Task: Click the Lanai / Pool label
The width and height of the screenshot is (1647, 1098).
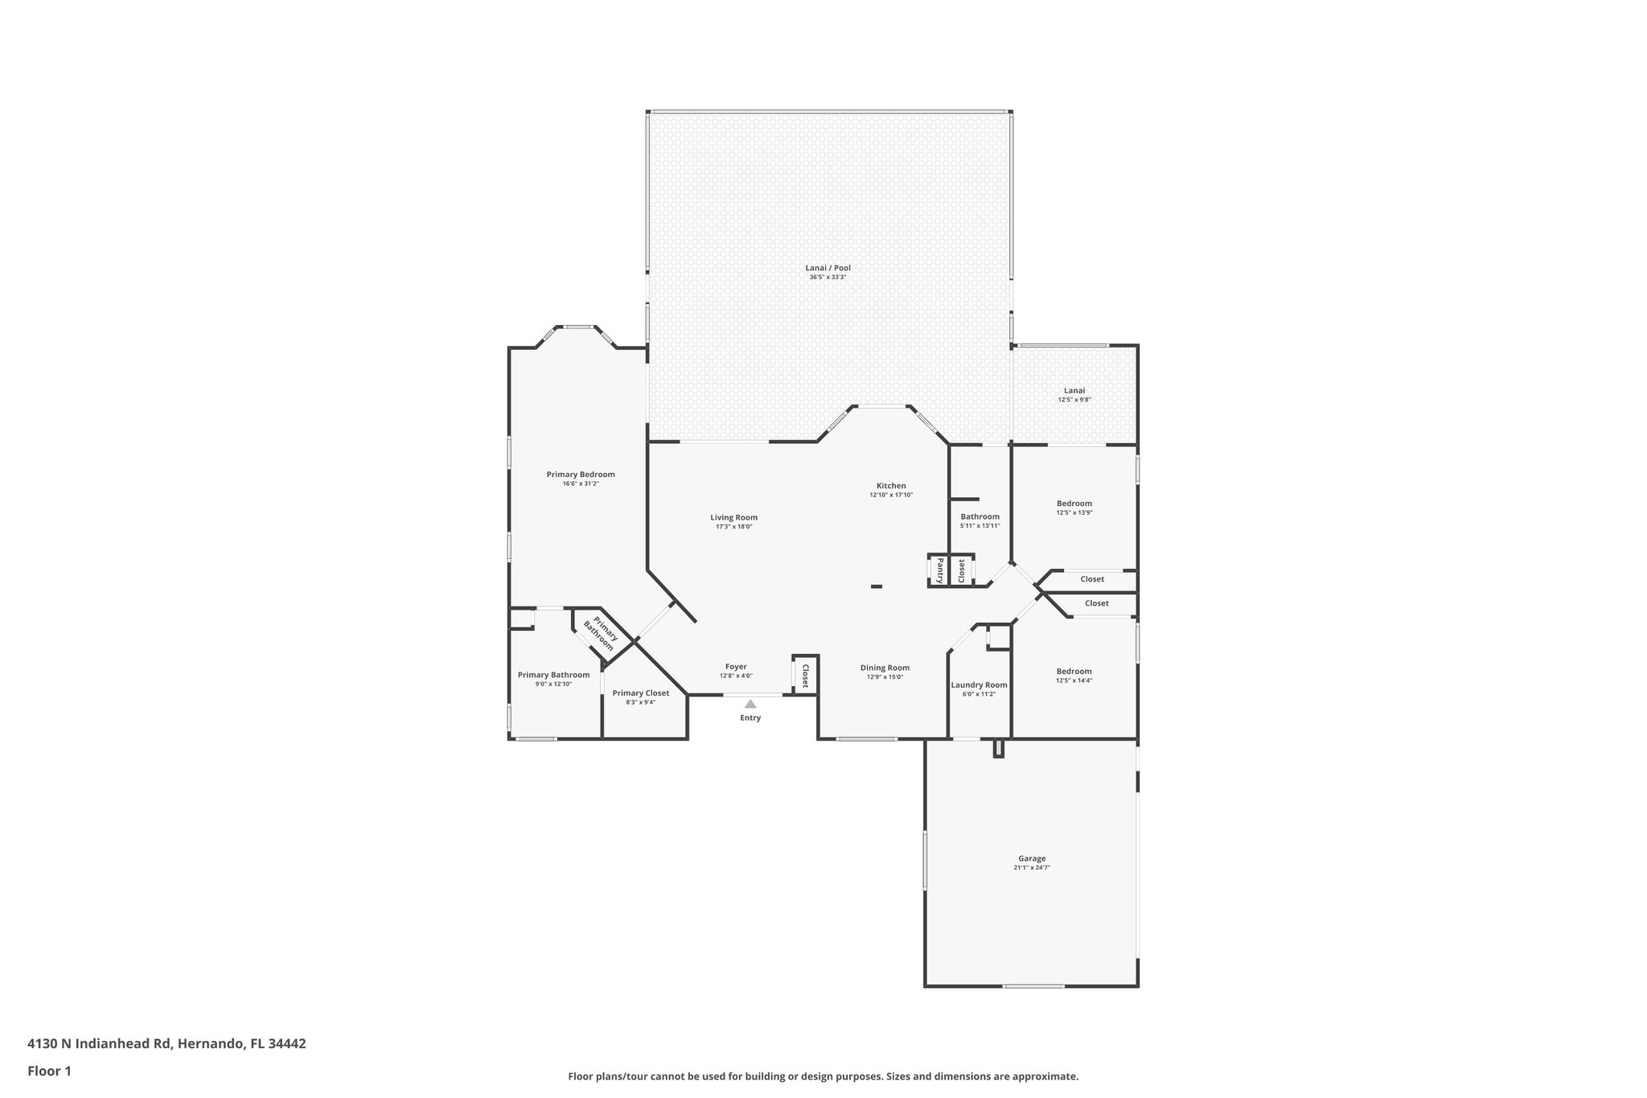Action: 828,268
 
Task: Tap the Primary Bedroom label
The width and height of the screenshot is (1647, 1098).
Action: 581,475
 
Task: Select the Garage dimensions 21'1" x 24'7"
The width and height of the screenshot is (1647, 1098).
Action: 1032,868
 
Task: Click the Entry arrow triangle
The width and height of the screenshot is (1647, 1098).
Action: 750,704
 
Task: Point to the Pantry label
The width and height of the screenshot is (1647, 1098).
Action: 939,570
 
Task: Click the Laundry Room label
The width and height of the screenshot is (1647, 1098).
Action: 979,685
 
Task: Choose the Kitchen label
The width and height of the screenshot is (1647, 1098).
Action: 891,486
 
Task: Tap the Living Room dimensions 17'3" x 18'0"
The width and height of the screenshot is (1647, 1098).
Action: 733,527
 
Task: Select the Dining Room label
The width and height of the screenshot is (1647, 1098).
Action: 885,668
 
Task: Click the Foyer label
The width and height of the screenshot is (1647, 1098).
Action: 736,667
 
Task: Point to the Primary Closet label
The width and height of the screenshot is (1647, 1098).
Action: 640,693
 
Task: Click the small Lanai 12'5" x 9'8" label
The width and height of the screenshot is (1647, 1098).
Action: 1074,394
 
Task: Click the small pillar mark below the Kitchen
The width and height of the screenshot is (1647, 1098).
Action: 877,586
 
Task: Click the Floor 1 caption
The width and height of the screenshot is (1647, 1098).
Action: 49,1071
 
